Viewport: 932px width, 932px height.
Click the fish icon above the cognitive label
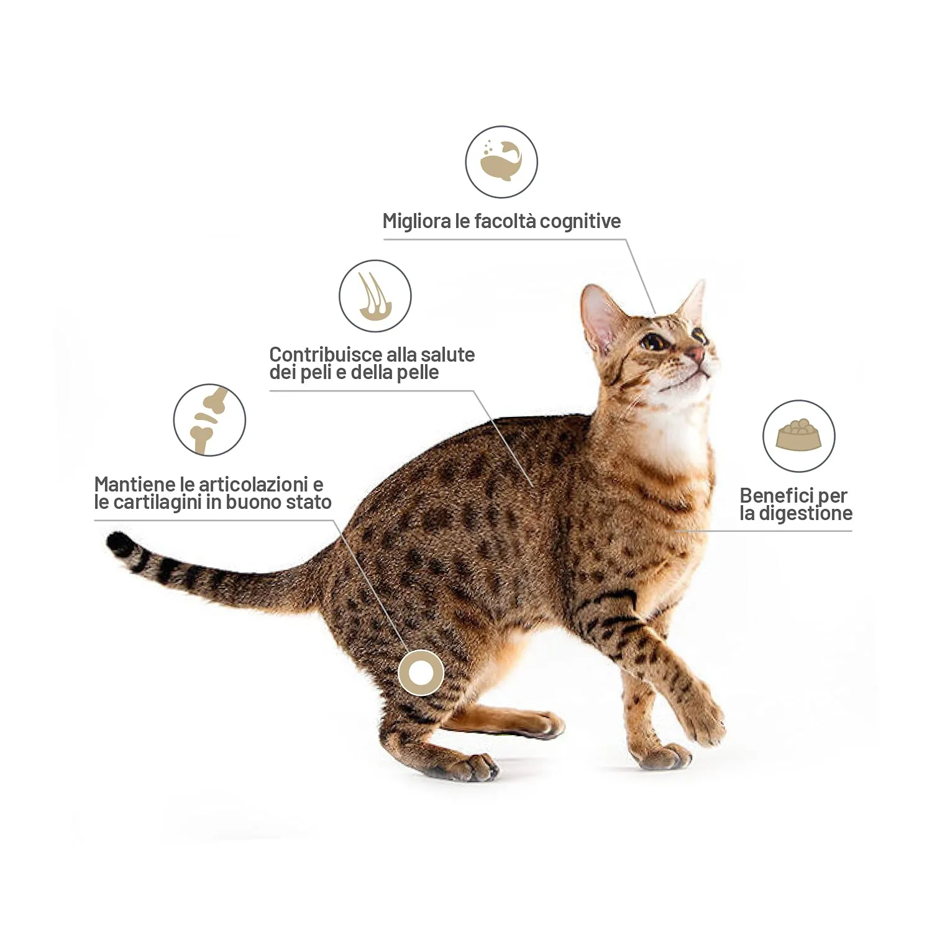[x=501, y=162]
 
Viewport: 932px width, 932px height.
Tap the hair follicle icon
[x=375, y=296]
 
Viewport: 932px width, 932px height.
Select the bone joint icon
[x=209, y=420]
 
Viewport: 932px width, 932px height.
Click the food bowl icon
[x=799, y=436]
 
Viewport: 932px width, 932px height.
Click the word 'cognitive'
[x=580, y=222]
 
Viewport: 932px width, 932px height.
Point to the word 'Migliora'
[x=418, y=222]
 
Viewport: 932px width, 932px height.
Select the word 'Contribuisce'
[x=326, y=355]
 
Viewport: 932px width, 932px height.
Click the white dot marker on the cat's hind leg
[x=421, y=672]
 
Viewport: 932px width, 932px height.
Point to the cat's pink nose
[x=697, y=354]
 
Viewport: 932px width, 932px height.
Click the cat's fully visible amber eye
[x=653, y=341]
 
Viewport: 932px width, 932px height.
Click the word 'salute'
[x=447, y=355]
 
